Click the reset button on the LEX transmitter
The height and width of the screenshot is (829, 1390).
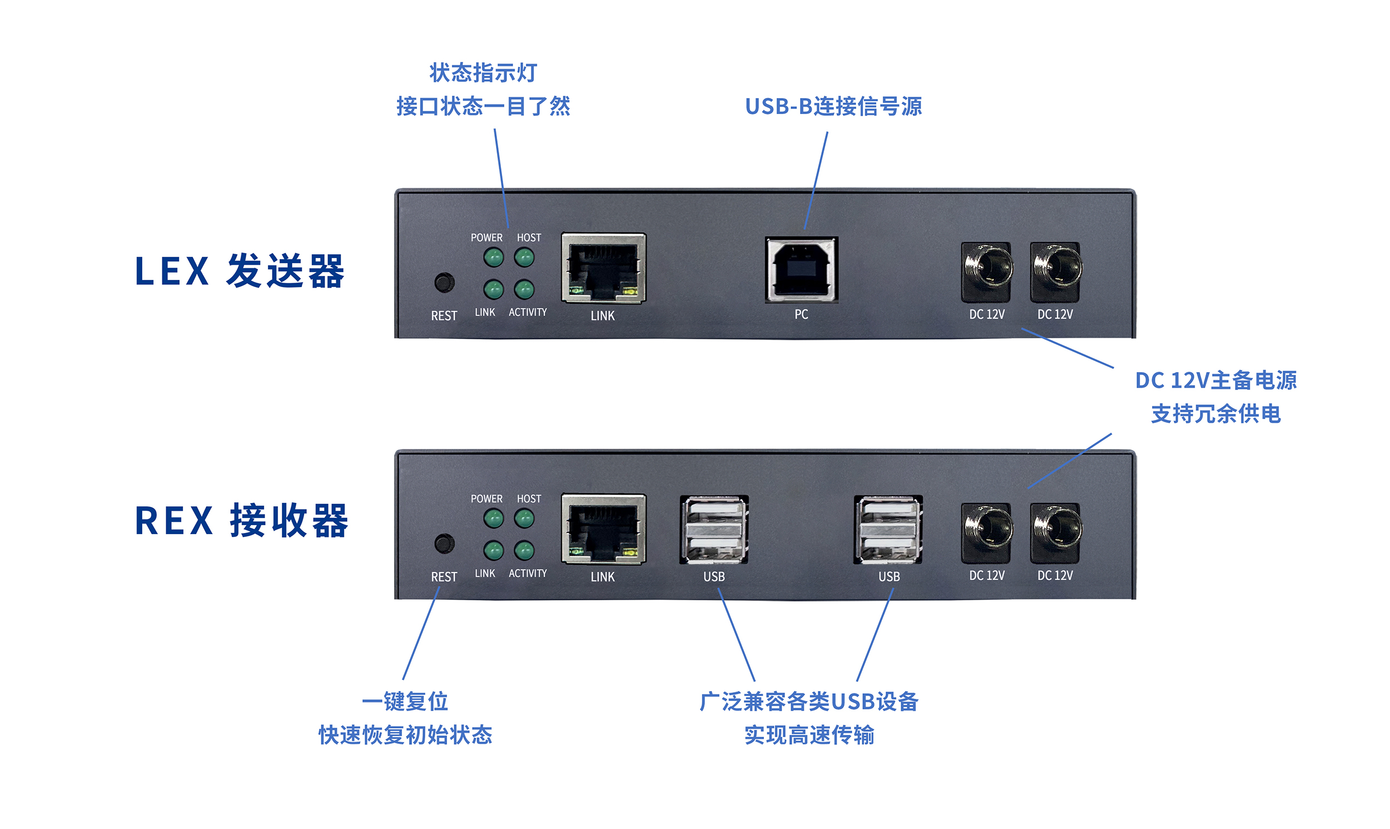[444, 283]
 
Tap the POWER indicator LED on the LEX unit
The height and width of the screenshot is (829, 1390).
[494, 258]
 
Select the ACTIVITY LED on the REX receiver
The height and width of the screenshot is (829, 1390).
[524, 550]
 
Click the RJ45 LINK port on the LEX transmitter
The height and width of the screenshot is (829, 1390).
[603, 269]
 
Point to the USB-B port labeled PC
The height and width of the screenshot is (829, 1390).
[802, 269]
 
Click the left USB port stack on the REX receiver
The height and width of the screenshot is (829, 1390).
[714, 530]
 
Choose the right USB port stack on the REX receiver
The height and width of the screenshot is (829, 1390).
[888, 530]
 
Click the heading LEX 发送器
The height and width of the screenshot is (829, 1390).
[240, 271]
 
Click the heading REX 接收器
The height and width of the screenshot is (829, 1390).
[242, 521]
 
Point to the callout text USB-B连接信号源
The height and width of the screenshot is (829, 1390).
[833, 107]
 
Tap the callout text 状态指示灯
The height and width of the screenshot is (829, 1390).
[483, 73]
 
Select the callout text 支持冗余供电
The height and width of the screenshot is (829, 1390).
[1216, 414]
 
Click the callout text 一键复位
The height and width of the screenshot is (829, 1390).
[405, 702]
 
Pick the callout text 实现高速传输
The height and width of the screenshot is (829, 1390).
[810, 735]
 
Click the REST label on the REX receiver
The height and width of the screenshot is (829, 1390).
[444, 576]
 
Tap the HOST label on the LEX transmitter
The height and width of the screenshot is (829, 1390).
[529, 238]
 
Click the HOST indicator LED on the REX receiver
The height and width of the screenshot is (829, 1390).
[524, 519]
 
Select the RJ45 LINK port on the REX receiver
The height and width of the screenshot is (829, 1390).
[603, 530]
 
